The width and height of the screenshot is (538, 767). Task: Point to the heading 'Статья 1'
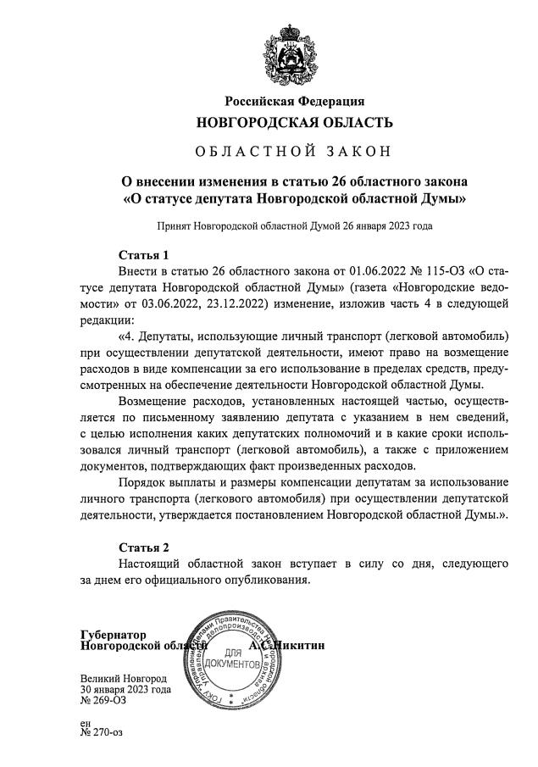[x=144, y=254]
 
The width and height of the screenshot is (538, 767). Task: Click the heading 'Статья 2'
[x=144, y=547]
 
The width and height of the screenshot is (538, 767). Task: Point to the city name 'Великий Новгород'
[x=123, y=679]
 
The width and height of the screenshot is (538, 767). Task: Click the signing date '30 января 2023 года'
[x=125, y=690]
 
